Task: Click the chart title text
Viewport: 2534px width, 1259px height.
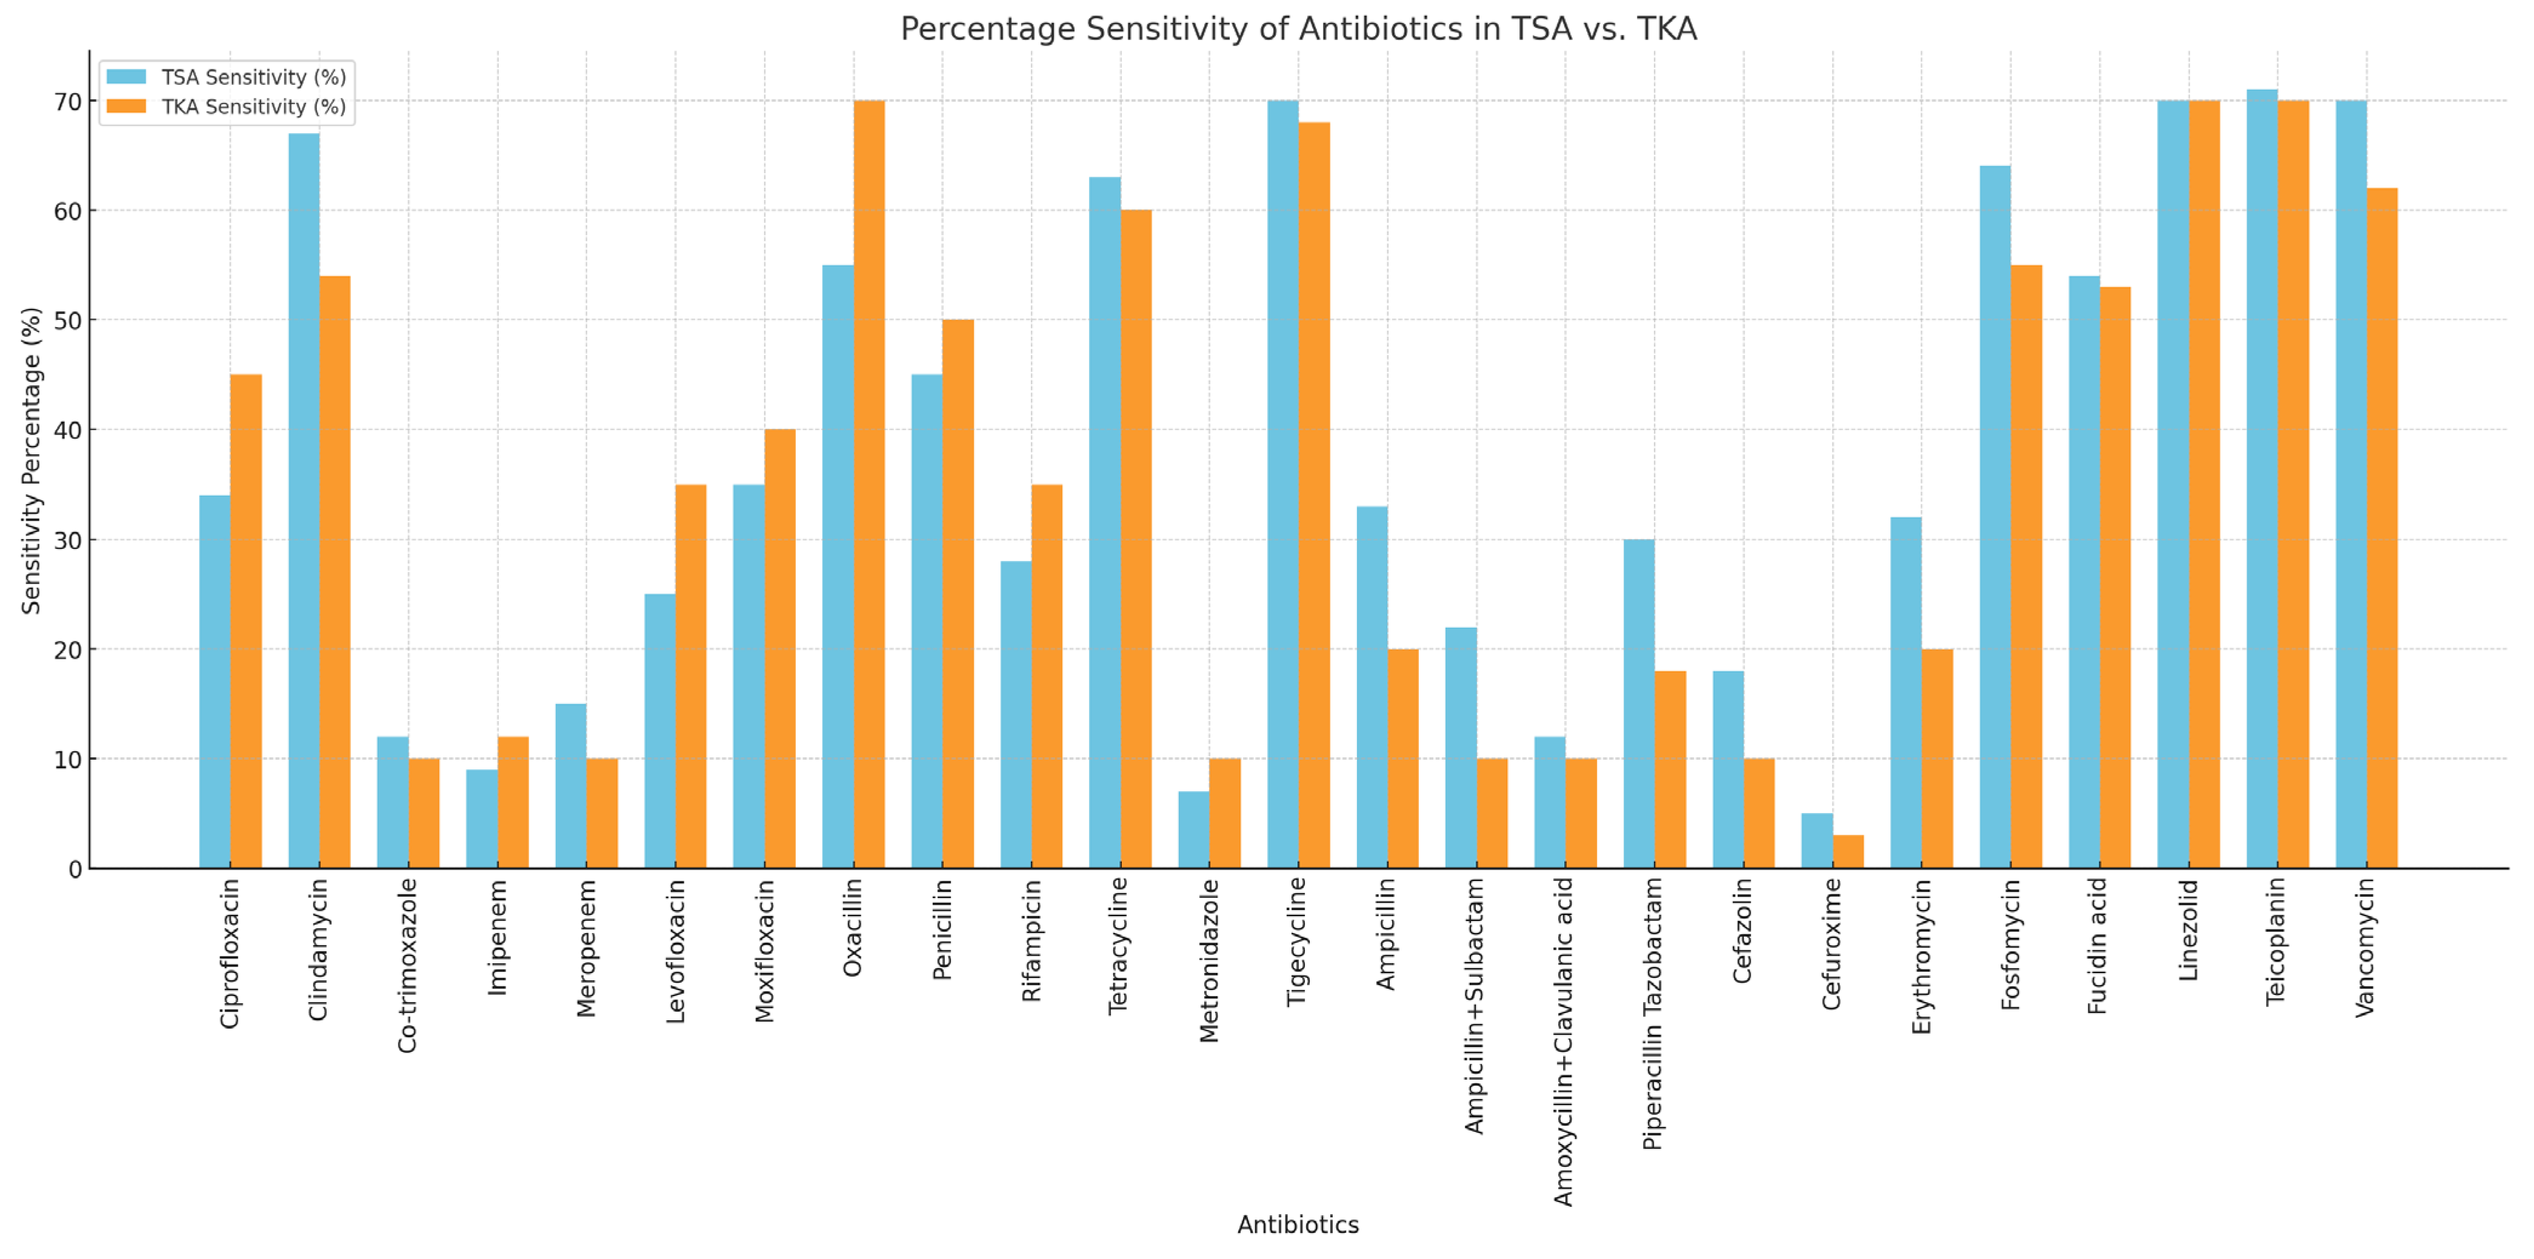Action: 1298,30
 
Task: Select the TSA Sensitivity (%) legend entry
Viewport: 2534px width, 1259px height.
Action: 253,78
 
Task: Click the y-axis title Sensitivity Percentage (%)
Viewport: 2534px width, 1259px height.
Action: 32,460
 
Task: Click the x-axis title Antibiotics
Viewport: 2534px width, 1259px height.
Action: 1298,1224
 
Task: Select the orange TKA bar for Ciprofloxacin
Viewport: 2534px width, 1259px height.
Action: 246,622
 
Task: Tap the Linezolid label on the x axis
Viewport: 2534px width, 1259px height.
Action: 2188,929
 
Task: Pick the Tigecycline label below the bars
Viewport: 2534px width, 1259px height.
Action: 1298,942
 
